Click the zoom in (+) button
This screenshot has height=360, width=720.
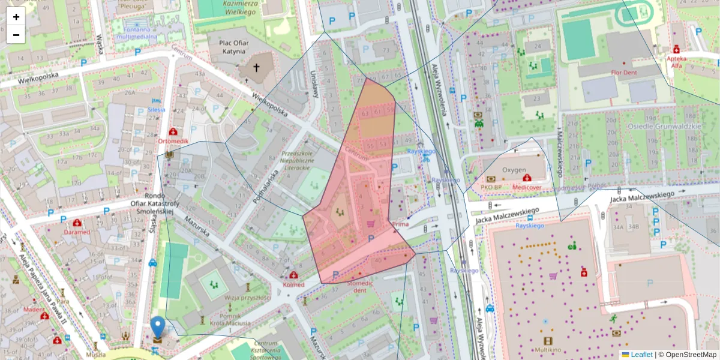16,17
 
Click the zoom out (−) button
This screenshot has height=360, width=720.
16,35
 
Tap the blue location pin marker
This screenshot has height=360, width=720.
158,328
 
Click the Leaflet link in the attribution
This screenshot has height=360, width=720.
641,355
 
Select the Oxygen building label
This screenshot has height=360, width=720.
514,170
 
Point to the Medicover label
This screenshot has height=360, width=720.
526,187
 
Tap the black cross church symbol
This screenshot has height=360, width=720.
257,68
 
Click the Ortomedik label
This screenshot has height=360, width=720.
173,141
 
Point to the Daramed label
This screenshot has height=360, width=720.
78,232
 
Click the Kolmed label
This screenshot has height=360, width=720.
293,284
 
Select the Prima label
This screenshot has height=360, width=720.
400,224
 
